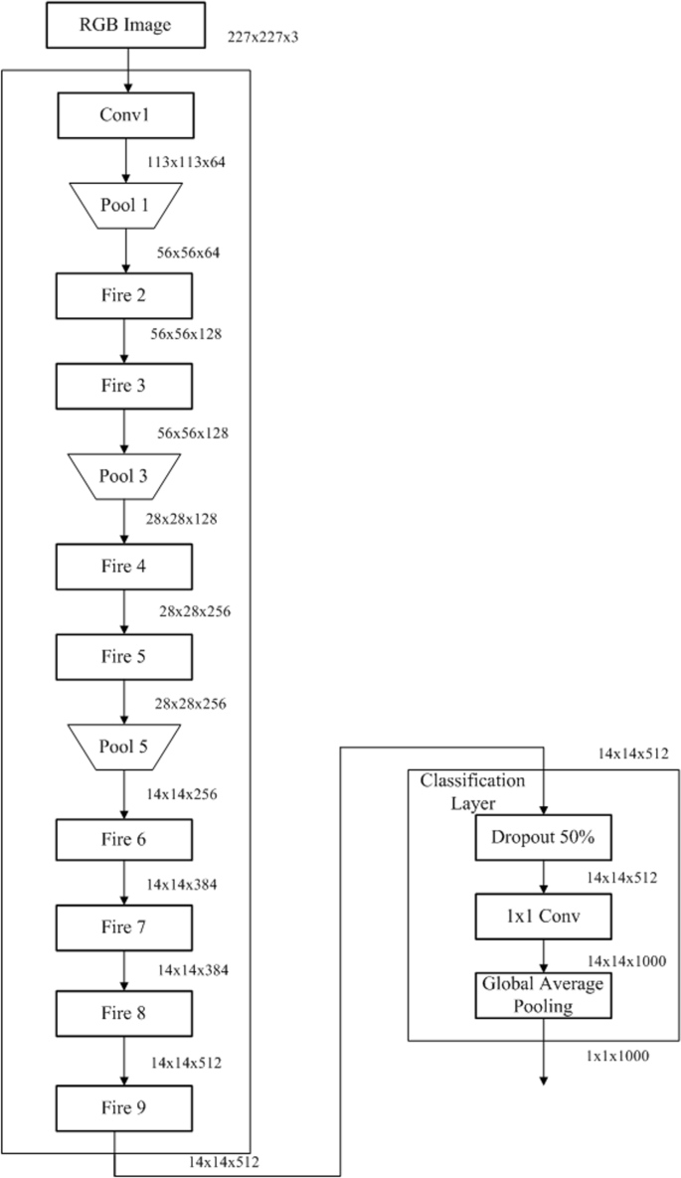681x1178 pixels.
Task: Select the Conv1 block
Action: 124,115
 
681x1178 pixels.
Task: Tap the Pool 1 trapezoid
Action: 124,206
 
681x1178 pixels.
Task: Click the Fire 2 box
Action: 124,295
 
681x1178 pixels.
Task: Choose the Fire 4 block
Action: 124,567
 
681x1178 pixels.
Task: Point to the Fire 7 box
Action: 124,927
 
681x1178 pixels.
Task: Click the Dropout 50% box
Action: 543,838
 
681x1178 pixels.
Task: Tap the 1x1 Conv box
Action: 543,917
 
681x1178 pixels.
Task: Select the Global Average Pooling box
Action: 543,995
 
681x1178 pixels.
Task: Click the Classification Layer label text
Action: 471,789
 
